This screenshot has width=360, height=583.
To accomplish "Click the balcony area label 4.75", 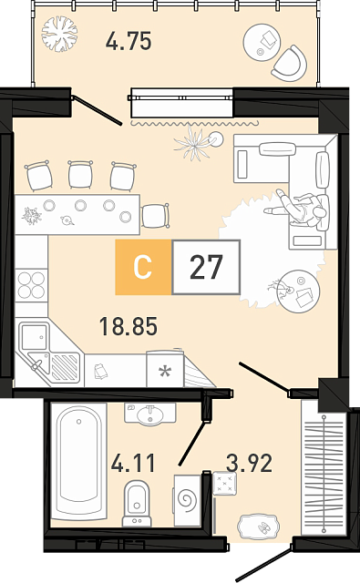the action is (x=129, y=41).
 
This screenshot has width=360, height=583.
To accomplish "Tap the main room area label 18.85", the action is (x=129, y=326).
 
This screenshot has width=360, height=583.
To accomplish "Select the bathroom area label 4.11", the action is (x=133, y=463).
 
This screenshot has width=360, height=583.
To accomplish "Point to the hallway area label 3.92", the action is (x=249, y=463).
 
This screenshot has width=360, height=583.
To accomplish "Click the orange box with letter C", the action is (x=143, y=267).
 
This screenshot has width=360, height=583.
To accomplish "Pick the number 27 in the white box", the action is (x=206, y=267).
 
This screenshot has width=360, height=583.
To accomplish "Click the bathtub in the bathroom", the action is (x=79, y=461).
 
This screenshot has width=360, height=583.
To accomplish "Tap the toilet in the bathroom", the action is (x=137, y=503).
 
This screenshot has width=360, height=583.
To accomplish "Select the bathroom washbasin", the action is (x=149, y=414).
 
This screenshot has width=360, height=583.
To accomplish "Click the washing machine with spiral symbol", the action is (x=188, y=499).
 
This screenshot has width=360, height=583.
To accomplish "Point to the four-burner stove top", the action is (x=31, y=285).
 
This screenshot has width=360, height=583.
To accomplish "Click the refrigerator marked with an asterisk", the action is (x=165, y=369).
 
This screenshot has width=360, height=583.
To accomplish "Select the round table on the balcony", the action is (x=262, y=42).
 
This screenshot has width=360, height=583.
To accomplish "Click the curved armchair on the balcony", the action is (x=290, y=64).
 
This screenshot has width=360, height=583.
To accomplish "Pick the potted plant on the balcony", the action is (x=59, y=34).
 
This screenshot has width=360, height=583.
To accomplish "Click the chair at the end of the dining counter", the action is (x=156, y=215).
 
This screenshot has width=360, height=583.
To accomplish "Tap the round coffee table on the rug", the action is (x=299, y=291).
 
